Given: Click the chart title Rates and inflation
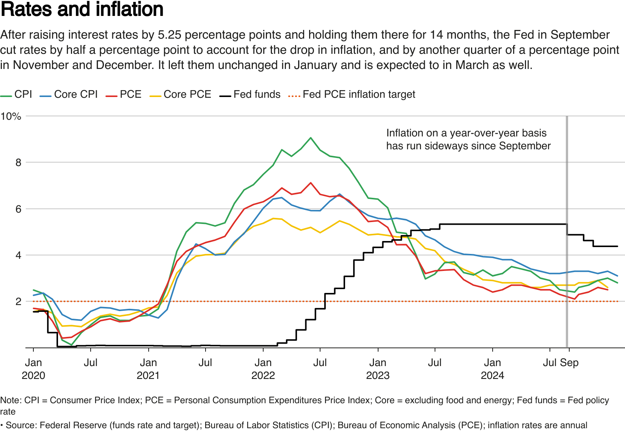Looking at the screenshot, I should click(82, 9).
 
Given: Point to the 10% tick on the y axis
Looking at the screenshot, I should click(11, 116).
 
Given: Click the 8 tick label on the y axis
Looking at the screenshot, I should click(18, 163).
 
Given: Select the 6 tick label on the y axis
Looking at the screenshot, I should click(18, 209).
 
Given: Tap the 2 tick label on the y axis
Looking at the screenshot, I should click(18, 302).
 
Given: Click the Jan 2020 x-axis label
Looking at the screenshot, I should click(33, 369).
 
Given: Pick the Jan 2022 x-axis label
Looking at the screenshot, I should click(263, 369).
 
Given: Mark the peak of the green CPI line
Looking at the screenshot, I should click(311, 138).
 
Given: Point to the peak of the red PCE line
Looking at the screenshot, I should click(311, 183).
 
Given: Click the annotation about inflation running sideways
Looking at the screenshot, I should click(468, 139).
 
